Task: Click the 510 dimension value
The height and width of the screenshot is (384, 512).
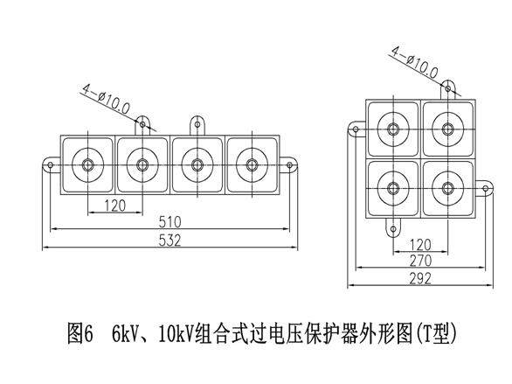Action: (x=170, y=222)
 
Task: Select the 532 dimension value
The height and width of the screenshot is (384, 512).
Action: (x=170, y=241)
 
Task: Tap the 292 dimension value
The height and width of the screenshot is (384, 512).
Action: (x=420, y=278)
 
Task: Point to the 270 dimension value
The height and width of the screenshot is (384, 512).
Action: (x=420, y=261)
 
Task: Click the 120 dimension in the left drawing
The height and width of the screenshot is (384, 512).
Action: (x=115, y=206)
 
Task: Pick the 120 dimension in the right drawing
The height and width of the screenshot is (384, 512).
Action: (x=420, y=244)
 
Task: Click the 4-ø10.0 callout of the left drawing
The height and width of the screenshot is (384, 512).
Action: (x=106, y=99)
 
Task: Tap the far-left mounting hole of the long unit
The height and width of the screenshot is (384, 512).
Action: (x=51, y=165)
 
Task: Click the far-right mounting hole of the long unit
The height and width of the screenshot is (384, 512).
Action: (x=289, y=165)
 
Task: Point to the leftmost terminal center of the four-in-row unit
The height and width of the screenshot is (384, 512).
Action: (x=88, y=164)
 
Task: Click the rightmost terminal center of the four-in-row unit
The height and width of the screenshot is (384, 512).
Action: (x=252, y=164)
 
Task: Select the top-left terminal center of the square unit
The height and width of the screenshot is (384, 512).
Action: (x=393, y=129)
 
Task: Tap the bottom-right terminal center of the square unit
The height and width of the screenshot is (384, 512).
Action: (x=448, y=188)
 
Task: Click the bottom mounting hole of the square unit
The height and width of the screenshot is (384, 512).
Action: (x=393, y=229)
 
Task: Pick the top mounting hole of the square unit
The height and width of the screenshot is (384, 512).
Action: (x=448, y=88)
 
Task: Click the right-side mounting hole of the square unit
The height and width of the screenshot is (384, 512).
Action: (x=486, y=189)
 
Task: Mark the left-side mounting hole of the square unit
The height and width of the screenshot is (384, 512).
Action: (x=356, y=129)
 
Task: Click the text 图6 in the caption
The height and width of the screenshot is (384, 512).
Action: (x=80, y=333)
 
